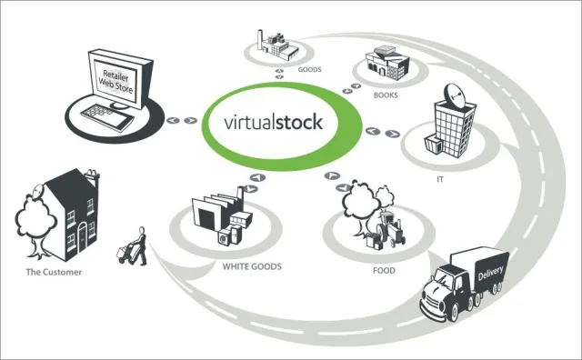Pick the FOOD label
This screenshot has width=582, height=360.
point(383,269)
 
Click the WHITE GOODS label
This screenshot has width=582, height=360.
point(251,267)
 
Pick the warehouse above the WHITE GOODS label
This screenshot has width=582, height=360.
point(221,218)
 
